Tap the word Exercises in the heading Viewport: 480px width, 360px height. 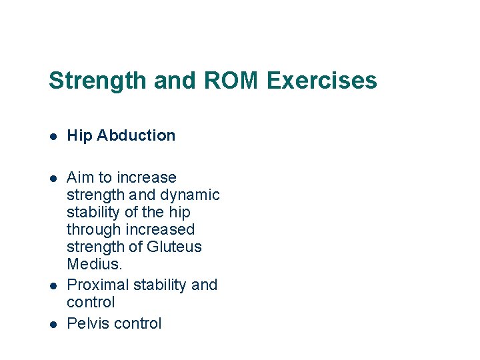click(322, 81)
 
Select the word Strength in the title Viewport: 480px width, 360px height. click(98, 81)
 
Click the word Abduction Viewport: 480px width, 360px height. click(136, 135)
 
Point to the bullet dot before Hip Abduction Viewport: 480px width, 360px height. click(53, 136)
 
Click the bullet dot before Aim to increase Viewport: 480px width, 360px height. click(53, 178)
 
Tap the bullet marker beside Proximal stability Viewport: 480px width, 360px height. click(53, 285)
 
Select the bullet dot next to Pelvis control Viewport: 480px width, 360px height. click(53, 324)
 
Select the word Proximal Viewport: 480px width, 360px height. click(98, 285)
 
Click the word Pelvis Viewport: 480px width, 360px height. click(88, 323)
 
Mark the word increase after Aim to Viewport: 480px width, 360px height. click(146, 177)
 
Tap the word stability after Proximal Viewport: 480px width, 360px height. click(160, 285)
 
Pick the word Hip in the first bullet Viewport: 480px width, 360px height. click(79, 135)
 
